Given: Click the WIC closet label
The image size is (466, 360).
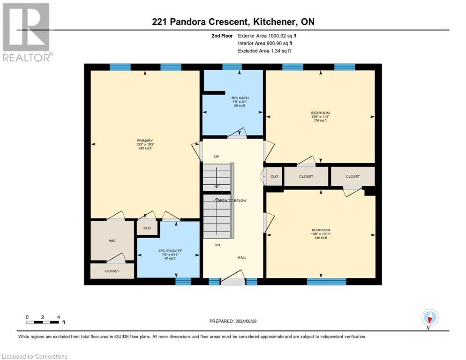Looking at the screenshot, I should [x=112, y=240].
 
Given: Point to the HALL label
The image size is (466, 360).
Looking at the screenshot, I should [x=241, y=257].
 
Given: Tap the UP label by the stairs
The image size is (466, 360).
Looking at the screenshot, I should [x=217, y=157].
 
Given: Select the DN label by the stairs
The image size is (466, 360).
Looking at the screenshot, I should [x=217, y=245].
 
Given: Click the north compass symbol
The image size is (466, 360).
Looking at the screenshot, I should [x=429, y=318].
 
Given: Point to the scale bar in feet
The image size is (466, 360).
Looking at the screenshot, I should [x=43, y=322].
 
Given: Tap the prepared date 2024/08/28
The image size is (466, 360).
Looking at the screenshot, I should [x=233, y=321].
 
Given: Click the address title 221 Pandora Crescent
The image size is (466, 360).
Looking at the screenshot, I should [x=233, y=22].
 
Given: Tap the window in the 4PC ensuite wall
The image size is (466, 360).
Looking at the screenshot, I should [x=183, y=281].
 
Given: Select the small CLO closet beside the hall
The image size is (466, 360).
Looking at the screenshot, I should [x=274, y=177].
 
